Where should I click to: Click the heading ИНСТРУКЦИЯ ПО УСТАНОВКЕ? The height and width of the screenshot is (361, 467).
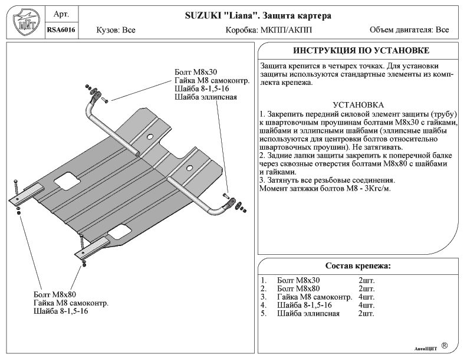[360, 51]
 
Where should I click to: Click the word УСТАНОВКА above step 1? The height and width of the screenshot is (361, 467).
[359, 104]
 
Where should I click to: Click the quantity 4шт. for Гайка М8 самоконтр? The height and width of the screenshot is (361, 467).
[366, 297]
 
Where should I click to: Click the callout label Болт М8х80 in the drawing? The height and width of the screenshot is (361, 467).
[55, 294]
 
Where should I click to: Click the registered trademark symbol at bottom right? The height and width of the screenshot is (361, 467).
[444, 344]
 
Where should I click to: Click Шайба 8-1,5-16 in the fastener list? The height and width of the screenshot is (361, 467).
[304, 305]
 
